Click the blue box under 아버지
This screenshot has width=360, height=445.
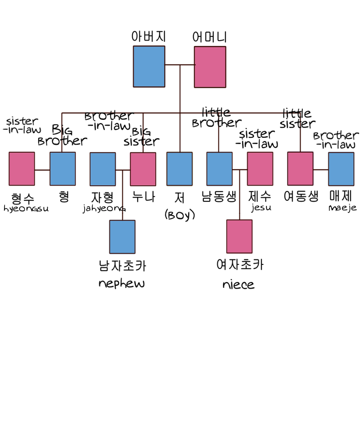click(149, 66)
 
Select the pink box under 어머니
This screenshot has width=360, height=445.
click(210, 67)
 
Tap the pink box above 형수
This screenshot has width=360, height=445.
click(22, 168)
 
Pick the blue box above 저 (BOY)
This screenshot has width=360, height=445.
click(179, 168)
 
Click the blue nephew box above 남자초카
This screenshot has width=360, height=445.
click(122, 236)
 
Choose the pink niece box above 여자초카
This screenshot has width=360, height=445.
click(239, 236)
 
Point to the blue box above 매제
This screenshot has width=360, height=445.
click(341, 169)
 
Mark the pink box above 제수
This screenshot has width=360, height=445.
click(260, 168)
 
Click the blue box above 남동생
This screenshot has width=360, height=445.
click(219, 168)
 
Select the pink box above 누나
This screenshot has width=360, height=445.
click(143, 169)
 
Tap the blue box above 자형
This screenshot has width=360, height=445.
click(103, 169)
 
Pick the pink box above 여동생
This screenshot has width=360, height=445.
click(300, 168)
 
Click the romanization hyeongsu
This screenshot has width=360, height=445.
click(26, 209)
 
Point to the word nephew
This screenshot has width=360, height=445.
click(121, 283)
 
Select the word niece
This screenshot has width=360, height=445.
click(238, 285)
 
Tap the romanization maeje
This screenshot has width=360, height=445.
click(342, 208)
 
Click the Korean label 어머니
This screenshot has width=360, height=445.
click(209, 37)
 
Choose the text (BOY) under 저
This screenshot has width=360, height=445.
click(180, 215)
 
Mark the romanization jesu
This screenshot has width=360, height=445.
click(261, 208)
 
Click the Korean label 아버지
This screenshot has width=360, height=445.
click(148, 36)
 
